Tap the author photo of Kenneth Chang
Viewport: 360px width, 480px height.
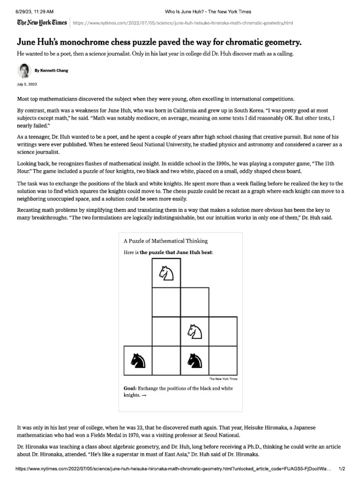pyautogui.click(x=24, y=71)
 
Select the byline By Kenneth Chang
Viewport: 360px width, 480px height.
pyautogui.click(x=52, y=71)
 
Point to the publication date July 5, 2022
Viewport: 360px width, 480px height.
pyautogui.click(x=27, y=84)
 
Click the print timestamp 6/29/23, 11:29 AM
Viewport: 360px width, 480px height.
pyautogui.click(x=35, y=11)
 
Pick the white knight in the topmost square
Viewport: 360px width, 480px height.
pyautogui.click(x=166, y=273)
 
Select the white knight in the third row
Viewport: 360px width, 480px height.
pyautogui.click(x=195, y=331)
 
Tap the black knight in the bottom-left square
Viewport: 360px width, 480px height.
pyautogui.click(x=138, y=360)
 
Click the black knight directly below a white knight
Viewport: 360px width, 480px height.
pyautogui.click(x=195, y=360)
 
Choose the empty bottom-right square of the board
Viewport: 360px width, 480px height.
pyautogui.click(x=223, y=360)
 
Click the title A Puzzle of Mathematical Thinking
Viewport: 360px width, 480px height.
pyautogui.click(x=165, y=241)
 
